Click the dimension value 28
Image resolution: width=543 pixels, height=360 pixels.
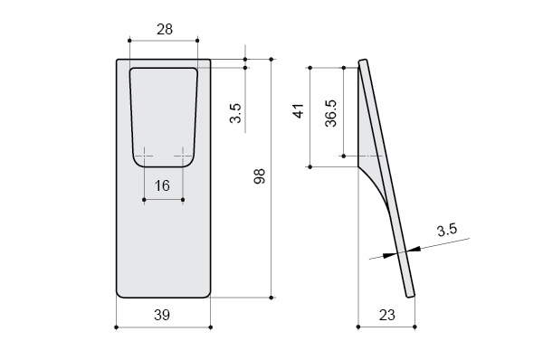pos(165,30)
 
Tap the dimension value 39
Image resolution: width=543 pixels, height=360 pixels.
pos(162,315)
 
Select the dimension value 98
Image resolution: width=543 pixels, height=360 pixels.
pos(260,176)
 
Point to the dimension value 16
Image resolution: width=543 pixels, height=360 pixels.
pos(162,186)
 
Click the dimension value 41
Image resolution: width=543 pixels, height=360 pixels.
pos(299,110)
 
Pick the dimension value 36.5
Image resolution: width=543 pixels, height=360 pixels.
pos(331,113)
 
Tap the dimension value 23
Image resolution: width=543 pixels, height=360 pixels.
pos(386,315)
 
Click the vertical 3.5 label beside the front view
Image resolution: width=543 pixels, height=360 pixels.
pos(235,113)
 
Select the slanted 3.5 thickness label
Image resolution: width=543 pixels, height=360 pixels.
pos(447,230)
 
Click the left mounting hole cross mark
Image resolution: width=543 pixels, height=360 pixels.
pos(145,156)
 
